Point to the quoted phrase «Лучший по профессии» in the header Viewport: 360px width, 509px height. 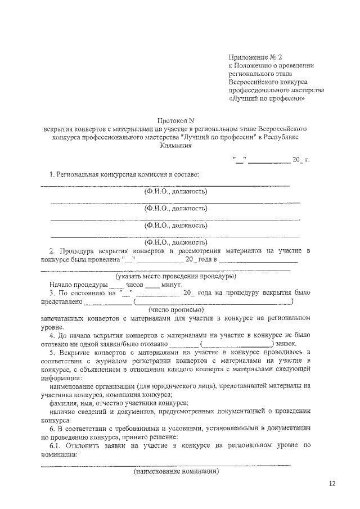click(266, 97)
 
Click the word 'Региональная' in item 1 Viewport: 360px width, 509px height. click(78, 175)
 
